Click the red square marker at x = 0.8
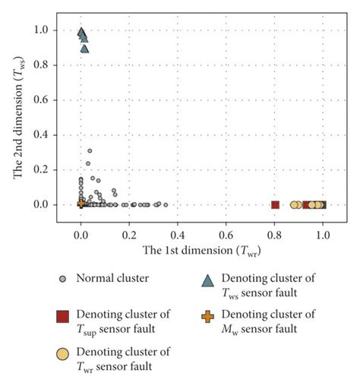pyautogui.click(x=275, y=204)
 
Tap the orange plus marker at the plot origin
pyautogui.click(x=81, y=203)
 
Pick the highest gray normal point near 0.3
pyautogui.click(x=90, y=150)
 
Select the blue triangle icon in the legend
pyautogui.click(x=207, y=280)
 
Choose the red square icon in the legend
pyautogui.click(x=63, y=316)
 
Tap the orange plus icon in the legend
pyautogui.click(x=207, y=316)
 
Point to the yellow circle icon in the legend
pyautogui.click(x=63, y=353)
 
